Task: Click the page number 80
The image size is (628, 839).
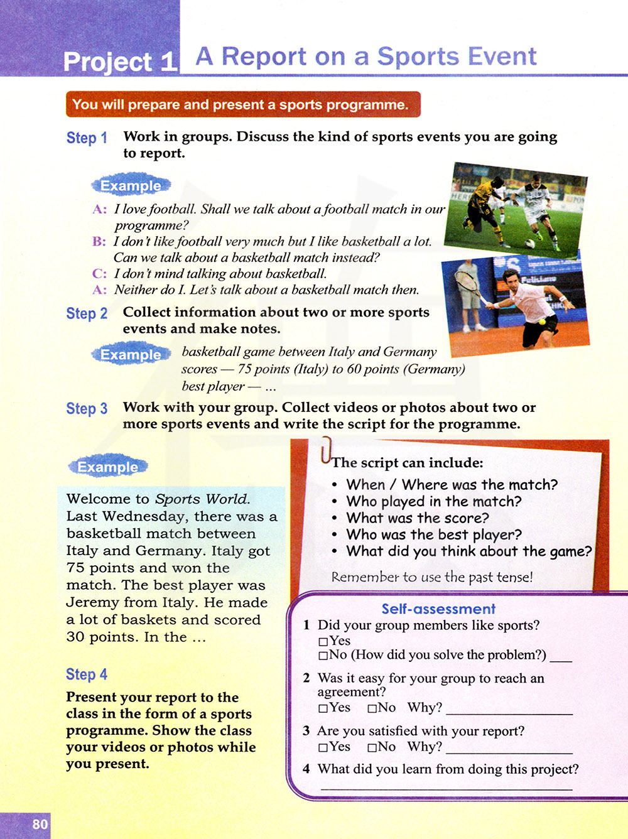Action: click(x=40, y=824)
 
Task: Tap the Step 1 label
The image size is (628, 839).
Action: click(x=87, y=138)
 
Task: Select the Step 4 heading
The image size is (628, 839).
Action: click(x=87, y=674)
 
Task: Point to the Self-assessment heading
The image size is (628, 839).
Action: click(x=438, y=609)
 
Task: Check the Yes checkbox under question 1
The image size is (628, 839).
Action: click(x=323, y=642)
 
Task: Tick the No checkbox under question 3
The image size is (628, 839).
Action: click(x=372, y=747)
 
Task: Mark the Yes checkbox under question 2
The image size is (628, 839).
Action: click(x=323, y=708)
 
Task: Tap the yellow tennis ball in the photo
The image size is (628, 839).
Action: click(x=542, y=322)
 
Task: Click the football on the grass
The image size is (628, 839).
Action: click(x=531, y=243)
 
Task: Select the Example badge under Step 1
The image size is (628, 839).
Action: click(x=131, y=186)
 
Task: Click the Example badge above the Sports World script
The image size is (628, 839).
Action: click(x=107, y=467)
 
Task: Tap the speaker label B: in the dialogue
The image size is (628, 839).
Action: click(x=99, y=242)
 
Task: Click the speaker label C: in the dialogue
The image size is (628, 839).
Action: click(x=99, y=274)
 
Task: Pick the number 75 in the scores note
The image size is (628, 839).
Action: click(x=245, y=369)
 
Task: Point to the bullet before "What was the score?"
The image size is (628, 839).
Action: click(x=335, y=518)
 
